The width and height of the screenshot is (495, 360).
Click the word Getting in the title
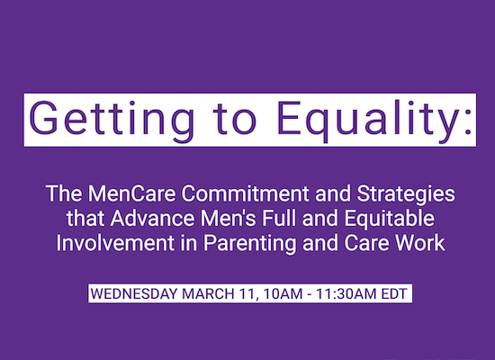[111, 121]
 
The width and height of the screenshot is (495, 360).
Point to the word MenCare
[132, 193]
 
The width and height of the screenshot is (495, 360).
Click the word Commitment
[246, 193]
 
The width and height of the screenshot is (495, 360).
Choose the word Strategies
[406, 194]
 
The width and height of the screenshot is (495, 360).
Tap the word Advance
[153, 218]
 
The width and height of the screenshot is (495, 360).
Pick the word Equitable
[390, 220]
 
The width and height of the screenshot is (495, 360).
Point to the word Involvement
[115, 243]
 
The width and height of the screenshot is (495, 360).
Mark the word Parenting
[250, 244]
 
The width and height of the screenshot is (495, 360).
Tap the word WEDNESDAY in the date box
[134, 293]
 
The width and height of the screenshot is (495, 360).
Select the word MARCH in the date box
[209, 293]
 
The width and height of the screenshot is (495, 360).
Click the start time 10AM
[283, 293]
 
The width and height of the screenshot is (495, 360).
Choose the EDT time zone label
[394, 293]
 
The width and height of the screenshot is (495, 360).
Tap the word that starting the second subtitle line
[85, 218]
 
